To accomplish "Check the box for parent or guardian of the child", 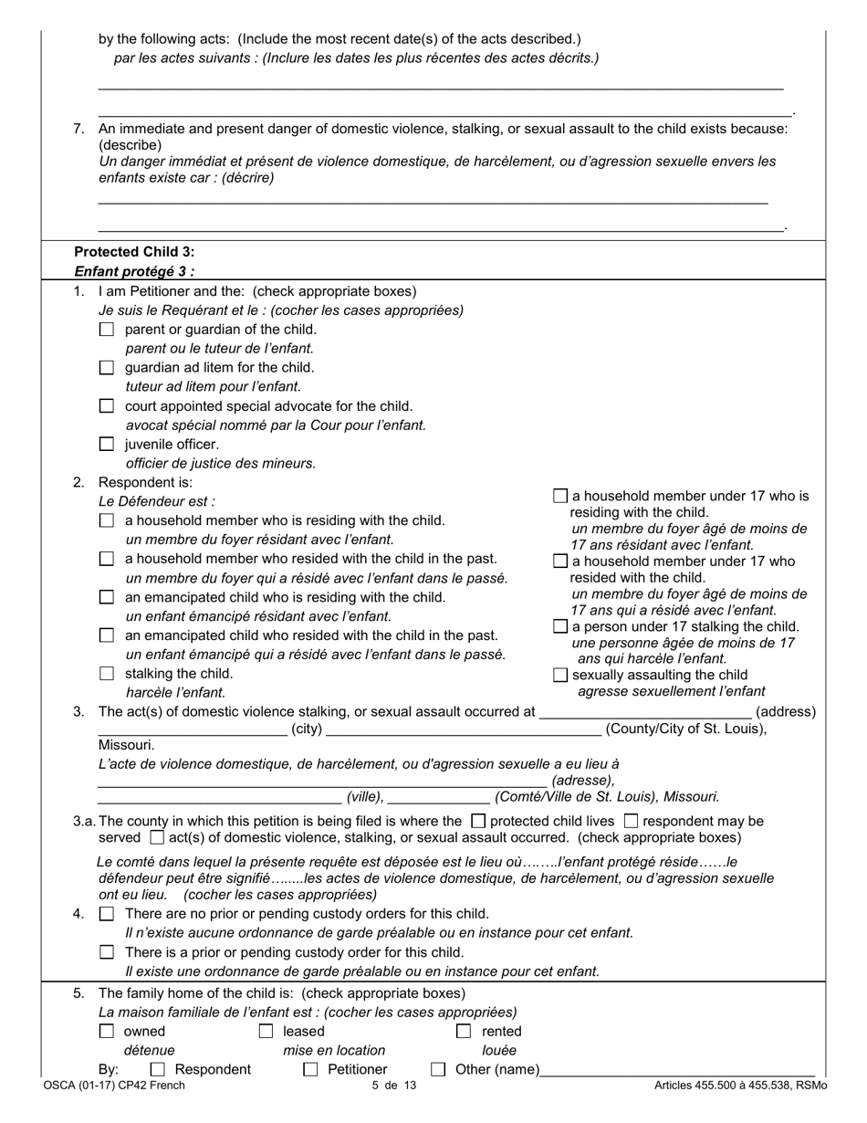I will pyautogui.click(x=107, y=330).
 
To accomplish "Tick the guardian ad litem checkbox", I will pyautogui.click(x=107, y=368).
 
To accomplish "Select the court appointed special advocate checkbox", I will pyautogui.click(x=107, y=406).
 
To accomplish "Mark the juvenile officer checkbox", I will pyautogui.click(x=107, y=445).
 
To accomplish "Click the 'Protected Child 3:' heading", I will pyautogui.click(x=134, y=252).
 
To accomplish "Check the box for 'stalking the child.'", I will pyautogui.click(x=107, y=674).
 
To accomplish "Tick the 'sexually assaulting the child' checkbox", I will pyautogui.click(x=561, y=675).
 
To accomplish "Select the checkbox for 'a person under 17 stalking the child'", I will pyautogui.click(x=561, y=626).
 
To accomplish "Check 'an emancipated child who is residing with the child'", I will pyautogui.click(x=107, y=597).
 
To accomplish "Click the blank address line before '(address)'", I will pyautogui.click(x=645, y=712).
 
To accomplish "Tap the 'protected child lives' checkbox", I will pyautogui.click(x=478, y=821).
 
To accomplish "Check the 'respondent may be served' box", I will pyautogui.click(x=631, y=821).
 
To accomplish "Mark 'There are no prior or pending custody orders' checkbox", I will pyautogui.click(x=107, y=914).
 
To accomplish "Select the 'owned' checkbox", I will pyautogui.click(x=107, y=1032).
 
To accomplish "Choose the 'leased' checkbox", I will pyautogui.click(x=266, y=1032).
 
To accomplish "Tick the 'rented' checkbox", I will pyautogui.click(x=465, y=1032).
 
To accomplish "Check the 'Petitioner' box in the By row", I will pyautogui.click(x=310, y=1069).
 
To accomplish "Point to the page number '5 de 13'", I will pyautogui.click(x=394, y=1086).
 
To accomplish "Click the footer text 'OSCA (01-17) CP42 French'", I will pyautogui.click(x=114, y=1086).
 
